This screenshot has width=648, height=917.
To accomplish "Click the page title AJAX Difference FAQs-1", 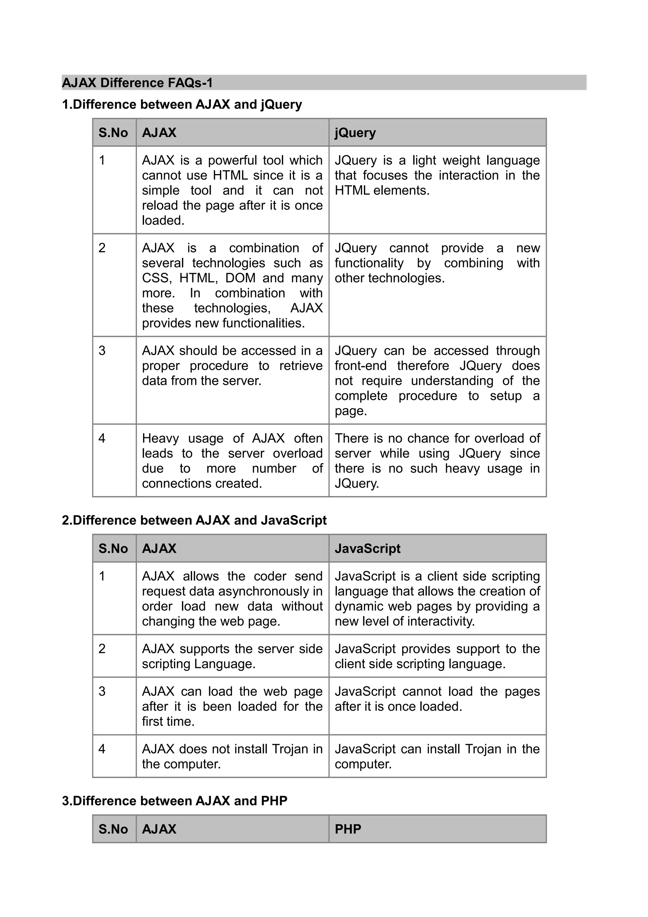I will [137, 83].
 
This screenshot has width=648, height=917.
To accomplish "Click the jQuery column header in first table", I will [355, 133].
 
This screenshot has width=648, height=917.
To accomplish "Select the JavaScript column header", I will [367, 548].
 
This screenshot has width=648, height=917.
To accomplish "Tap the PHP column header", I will [348, 829].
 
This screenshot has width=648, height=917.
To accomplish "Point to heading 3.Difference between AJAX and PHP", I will [174, 801].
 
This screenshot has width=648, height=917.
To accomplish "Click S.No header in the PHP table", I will [113, 829].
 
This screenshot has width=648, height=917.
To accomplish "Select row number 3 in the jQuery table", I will [102, 351].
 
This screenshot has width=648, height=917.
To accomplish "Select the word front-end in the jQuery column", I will [360, 366].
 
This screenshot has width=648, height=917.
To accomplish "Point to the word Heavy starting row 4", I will [160, 439].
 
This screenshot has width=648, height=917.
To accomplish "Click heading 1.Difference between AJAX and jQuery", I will [182, 105].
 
